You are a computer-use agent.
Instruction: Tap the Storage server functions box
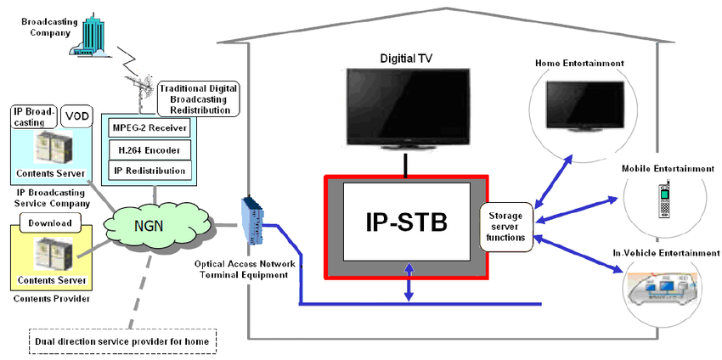(x=506, y=227)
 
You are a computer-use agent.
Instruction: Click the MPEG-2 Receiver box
(x=150, y=127)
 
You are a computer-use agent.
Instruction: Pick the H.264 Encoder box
(x=149, y=149)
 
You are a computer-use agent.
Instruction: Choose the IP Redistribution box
(x=149, y=171)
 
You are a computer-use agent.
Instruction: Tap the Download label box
(x=50, y=222)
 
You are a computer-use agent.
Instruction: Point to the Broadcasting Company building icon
(x=91, y=35)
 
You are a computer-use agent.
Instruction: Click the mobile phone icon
(x=664, y=200)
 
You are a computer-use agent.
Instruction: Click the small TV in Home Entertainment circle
(x=585, y=106)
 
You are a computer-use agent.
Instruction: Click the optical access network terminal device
(x=254, y=221)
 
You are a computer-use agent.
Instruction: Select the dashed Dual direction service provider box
(x=122, y=341)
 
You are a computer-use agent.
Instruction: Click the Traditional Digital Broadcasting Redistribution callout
(x=199, y=99)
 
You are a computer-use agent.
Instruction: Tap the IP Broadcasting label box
(x=35, y=117)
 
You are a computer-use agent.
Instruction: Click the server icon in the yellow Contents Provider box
(x=53, y=256)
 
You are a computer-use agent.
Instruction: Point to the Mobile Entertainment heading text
(x=668, y=169)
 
